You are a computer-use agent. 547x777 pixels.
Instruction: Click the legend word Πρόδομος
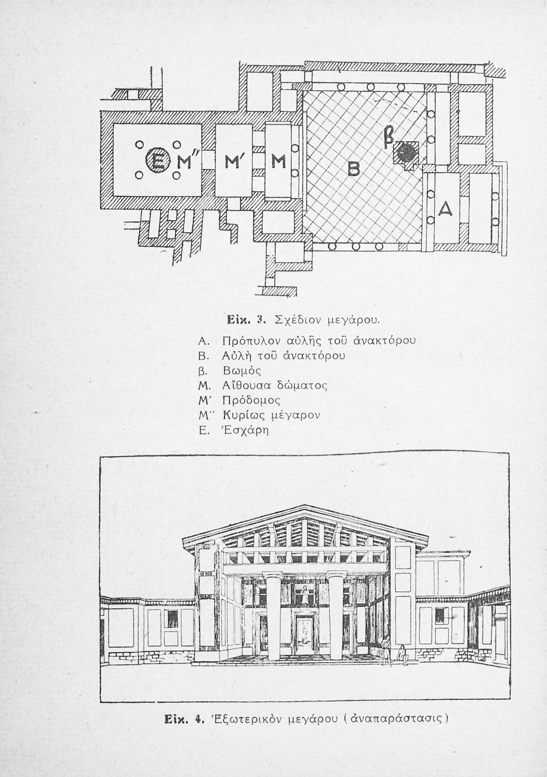(250, 400)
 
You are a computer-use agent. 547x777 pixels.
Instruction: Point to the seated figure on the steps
(402, 653)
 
